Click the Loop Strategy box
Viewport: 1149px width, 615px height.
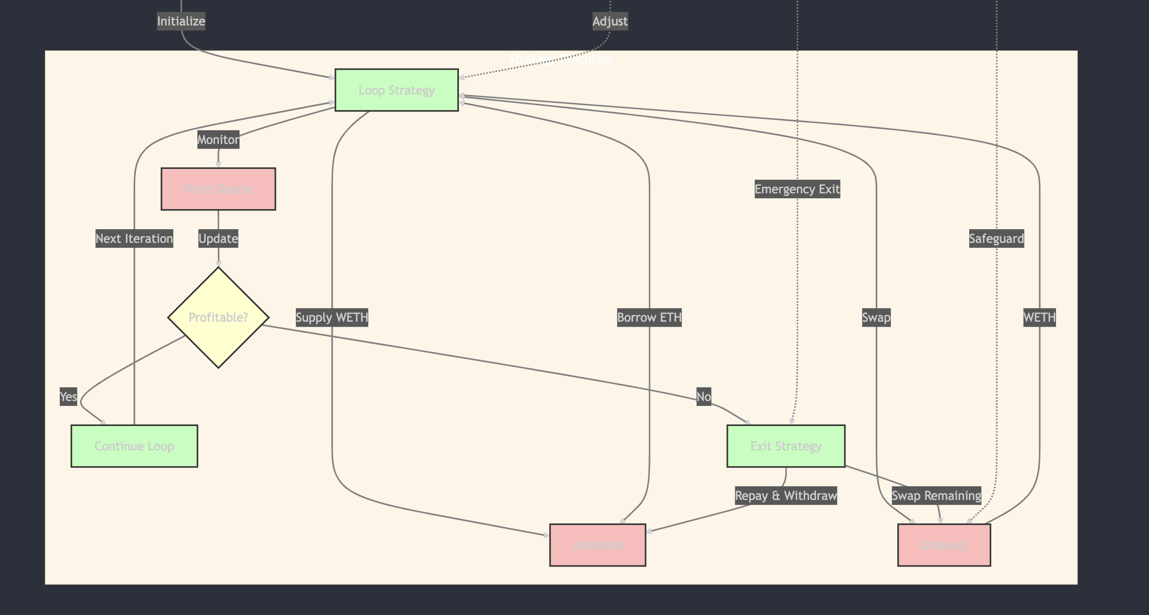396,90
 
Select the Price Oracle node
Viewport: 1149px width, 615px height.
218,189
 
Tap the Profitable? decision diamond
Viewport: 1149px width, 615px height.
218,317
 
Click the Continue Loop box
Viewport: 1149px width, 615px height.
134,446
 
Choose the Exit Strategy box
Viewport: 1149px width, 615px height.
786,446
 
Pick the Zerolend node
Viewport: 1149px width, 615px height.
598,545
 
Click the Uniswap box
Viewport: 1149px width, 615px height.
944,545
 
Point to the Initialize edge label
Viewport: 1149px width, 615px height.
181,21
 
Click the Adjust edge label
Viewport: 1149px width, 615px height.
610,21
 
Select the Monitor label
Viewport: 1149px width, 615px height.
218,140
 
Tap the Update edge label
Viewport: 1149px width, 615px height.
218,238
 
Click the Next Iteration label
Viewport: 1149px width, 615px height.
134,238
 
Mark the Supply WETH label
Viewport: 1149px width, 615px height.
332,317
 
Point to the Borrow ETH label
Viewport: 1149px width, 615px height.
649,317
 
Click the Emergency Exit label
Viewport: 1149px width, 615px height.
797,189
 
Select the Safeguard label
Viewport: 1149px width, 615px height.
996,238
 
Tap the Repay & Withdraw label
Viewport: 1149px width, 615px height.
786,496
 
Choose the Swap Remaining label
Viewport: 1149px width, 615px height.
936,496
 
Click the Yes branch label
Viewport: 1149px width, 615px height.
68,396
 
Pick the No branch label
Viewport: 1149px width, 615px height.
703,396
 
